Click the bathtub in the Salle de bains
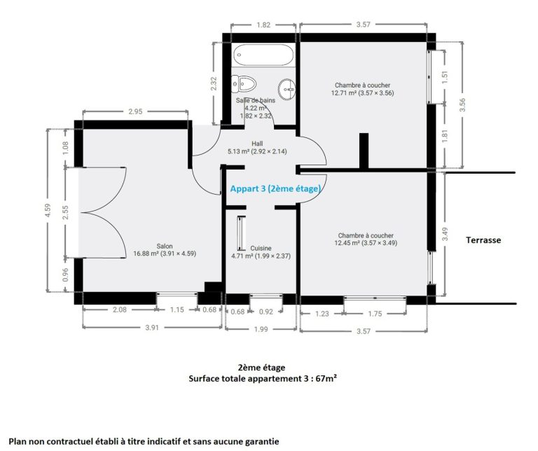263,55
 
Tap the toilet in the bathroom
244,83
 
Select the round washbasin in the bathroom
287,89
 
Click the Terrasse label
483,240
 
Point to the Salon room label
165,246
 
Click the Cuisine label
261,248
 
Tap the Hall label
257,144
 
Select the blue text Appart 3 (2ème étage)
275,188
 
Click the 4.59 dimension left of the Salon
48,210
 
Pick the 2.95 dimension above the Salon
135,111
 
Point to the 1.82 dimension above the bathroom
263,25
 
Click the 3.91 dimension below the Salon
152,328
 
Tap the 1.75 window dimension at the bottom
375,314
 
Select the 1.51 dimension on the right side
445,77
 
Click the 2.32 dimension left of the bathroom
214,83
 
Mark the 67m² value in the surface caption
326,379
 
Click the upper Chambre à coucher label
363,85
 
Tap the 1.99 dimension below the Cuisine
261,329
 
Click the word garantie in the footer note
261,442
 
